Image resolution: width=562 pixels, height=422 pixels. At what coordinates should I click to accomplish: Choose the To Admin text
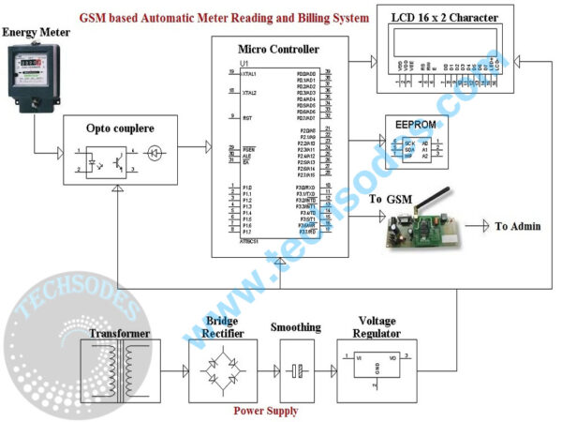click(522, 226)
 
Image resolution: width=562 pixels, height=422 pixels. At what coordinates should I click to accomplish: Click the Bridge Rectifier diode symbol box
click(221, 371)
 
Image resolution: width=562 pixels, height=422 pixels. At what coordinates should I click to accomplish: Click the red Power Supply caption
click(267, 411)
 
